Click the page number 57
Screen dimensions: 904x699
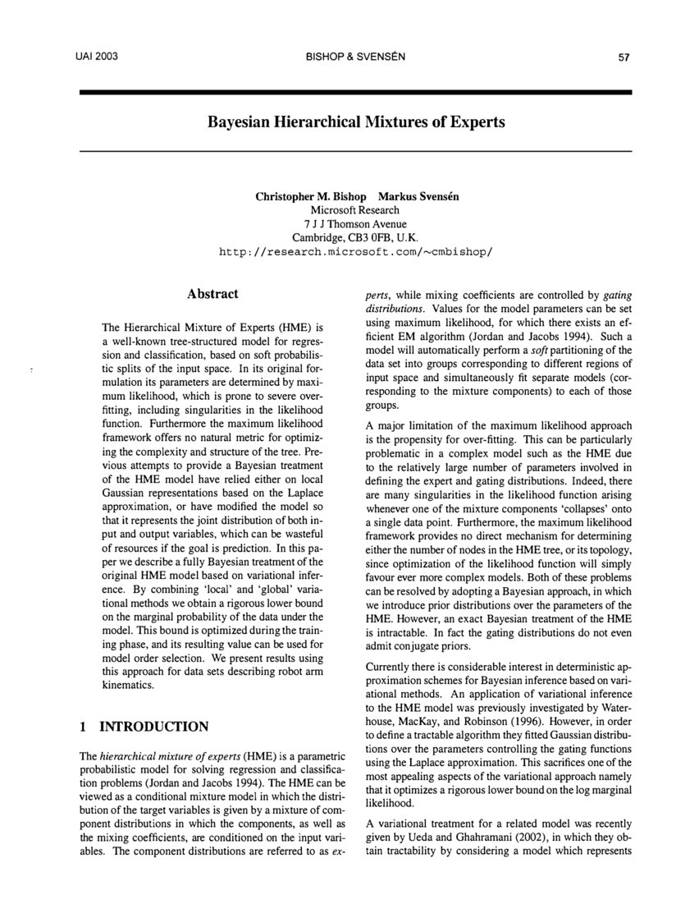(x=623, y=57)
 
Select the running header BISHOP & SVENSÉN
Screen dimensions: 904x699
(x=354, y=57)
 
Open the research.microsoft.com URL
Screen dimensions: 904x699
(x=355, y=251)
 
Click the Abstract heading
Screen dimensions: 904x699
(x=212, y=294)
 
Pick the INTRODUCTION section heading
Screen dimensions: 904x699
(x=153, y=727)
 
